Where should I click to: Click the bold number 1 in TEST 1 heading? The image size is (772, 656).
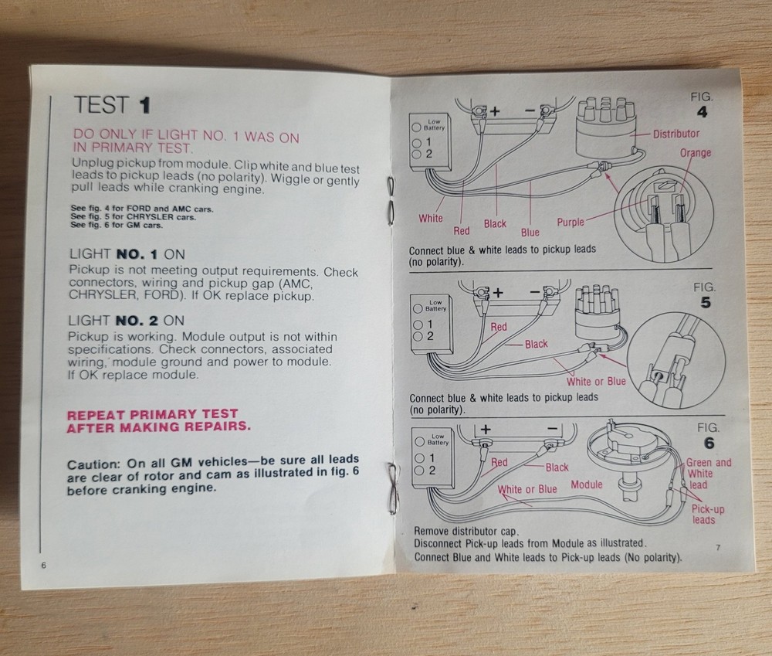(x=144, y=106)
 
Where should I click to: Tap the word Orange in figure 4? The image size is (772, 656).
(x=696, y=153)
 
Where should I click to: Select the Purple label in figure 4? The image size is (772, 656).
(x=571, y=223)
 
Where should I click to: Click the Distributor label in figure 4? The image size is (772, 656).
(x=675, y=134)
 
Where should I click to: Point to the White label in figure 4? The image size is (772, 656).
(x=430, y=218)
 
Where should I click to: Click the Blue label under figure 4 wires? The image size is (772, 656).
(x=530, y=232)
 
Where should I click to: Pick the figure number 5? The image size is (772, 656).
(x=706, y=302)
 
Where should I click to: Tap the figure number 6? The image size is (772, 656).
(x=709, y=443)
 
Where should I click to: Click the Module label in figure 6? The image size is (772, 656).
(x=587, y=484)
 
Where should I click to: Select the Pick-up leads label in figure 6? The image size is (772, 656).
(x=707, y=514)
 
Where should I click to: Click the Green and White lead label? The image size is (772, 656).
(x=708, y=473)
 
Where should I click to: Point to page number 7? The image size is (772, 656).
(x=718, y=548)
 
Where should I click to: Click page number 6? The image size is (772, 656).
(x=44, y=566)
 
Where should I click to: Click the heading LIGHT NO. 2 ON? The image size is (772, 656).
(x=126, y=321)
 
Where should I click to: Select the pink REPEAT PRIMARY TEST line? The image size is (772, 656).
(x=152, y=414)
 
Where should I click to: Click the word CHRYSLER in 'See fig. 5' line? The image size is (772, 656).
(x=151, y=217)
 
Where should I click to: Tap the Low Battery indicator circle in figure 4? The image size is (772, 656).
(x=416, y=127)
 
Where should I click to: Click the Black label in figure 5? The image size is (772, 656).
(x=537, y=344)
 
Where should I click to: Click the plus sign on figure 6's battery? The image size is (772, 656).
(x=486, y=429)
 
